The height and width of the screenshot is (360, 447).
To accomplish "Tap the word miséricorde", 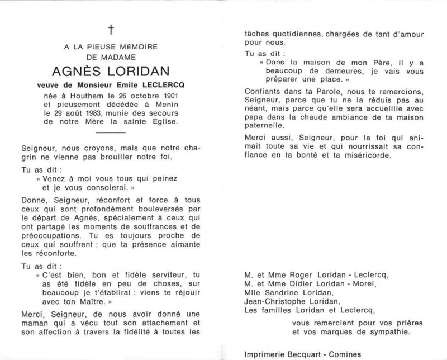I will (366, 156).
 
